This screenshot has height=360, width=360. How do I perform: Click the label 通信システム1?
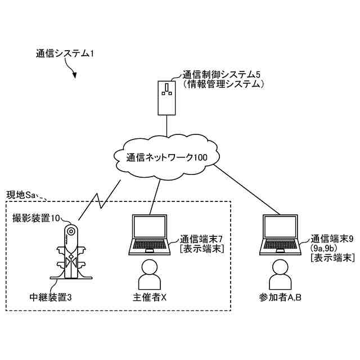click(x=65, y=54)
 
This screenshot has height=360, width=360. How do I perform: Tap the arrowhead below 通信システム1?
click(x=74, y=75)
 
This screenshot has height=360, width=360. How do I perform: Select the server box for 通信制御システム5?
click(x=166, y=98)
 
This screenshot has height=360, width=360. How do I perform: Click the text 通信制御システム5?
click(x=222, y=75)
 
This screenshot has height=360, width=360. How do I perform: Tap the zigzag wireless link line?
click(x=100, y=200)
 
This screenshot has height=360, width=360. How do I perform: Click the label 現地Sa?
click(x=21, y=195)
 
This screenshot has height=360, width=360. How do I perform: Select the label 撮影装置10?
click(x=36, y=218)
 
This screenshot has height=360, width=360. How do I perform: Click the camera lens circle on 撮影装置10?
click(x=71, y=231)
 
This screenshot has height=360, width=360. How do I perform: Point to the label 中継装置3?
click(x=51, y=298)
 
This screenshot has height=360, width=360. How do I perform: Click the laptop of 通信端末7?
click(x=150, y=235)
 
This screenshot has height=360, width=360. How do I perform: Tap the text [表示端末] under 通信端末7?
click(x=202, y=249)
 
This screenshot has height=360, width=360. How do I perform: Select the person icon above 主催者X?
click(x=150, y=274)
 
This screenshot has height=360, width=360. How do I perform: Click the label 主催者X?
click(x=150, y=298)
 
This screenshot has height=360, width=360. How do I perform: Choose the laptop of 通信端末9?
click(x=280, y=235)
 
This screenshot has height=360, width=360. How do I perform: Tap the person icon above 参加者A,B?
click(x=280, y=274)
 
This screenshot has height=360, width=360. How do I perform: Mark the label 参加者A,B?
click(x=280, y=298)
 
